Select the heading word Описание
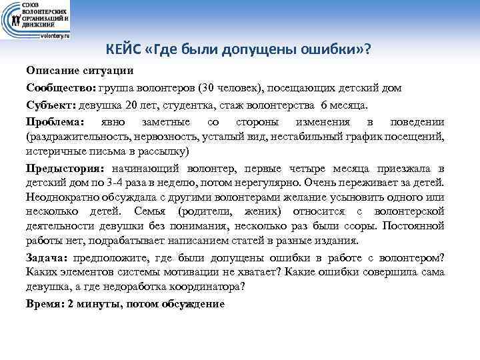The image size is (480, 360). (x=49, y=70)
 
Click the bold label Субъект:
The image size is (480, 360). (x=51, y=105)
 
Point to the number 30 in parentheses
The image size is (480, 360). (x=220, y=87)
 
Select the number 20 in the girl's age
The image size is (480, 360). (x=131, y=105)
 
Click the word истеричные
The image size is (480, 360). (x=53, y=151)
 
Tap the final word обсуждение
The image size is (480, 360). (x=196, y=303)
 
